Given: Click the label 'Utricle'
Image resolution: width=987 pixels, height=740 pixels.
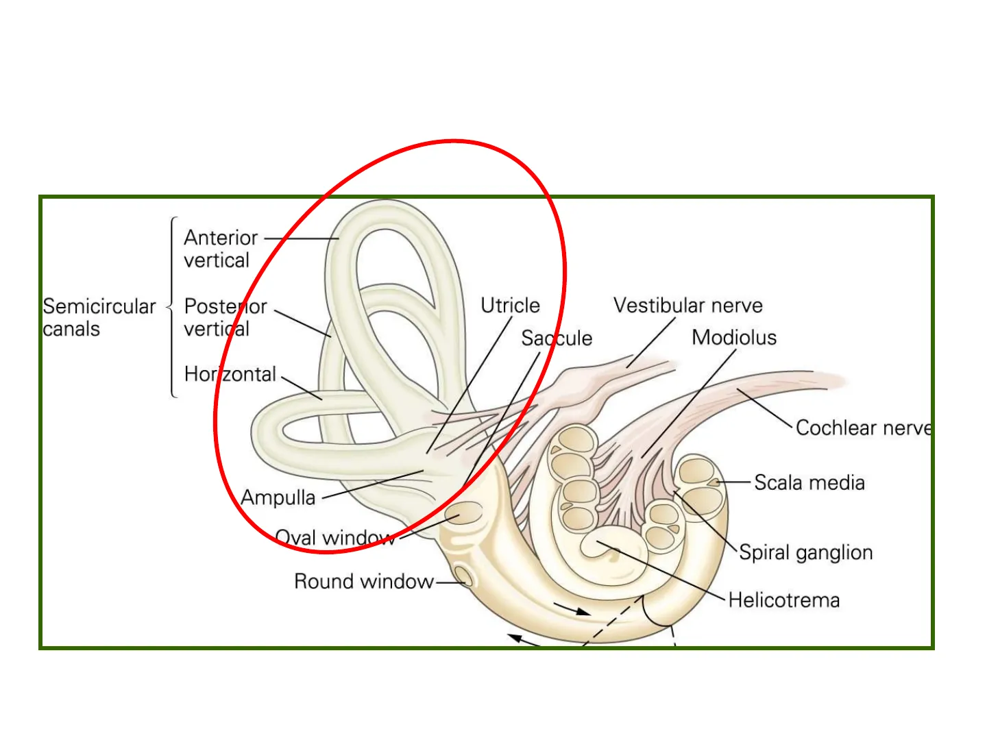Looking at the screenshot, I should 510,306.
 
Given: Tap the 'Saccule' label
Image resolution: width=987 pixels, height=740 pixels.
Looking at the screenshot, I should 557,338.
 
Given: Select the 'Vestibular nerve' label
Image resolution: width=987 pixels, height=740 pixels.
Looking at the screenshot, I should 687,306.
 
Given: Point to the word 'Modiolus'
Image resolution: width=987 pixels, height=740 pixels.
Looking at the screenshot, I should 734,337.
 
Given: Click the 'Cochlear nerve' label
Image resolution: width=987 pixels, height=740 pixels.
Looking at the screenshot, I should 863,428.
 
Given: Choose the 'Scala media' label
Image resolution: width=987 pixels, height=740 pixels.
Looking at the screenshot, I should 809,483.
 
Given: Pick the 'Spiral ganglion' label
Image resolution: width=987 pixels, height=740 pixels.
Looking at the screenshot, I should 805,552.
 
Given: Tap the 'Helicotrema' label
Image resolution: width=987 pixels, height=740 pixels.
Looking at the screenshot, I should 783,600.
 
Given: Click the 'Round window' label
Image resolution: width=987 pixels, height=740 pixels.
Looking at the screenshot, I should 363,582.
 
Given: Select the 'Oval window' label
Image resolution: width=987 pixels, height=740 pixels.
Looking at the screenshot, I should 334,538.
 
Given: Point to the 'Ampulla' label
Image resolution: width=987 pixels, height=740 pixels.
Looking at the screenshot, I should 278,497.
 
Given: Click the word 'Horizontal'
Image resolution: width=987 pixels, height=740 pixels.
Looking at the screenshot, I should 230,374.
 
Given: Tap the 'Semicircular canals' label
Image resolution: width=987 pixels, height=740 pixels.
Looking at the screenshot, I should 99,317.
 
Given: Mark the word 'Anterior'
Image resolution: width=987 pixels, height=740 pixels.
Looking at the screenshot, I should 221,238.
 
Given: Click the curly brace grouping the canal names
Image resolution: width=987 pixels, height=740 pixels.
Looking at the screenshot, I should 172,307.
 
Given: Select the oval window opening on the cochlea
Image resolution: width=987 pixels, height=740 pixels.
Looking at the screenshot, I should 465,513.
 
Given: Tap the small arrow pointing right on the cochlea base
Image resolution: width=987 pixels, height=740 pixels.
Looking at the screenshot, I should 572,609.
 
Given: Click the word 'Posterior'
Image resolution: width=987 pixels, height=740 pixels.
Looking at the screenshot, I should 226,306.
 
